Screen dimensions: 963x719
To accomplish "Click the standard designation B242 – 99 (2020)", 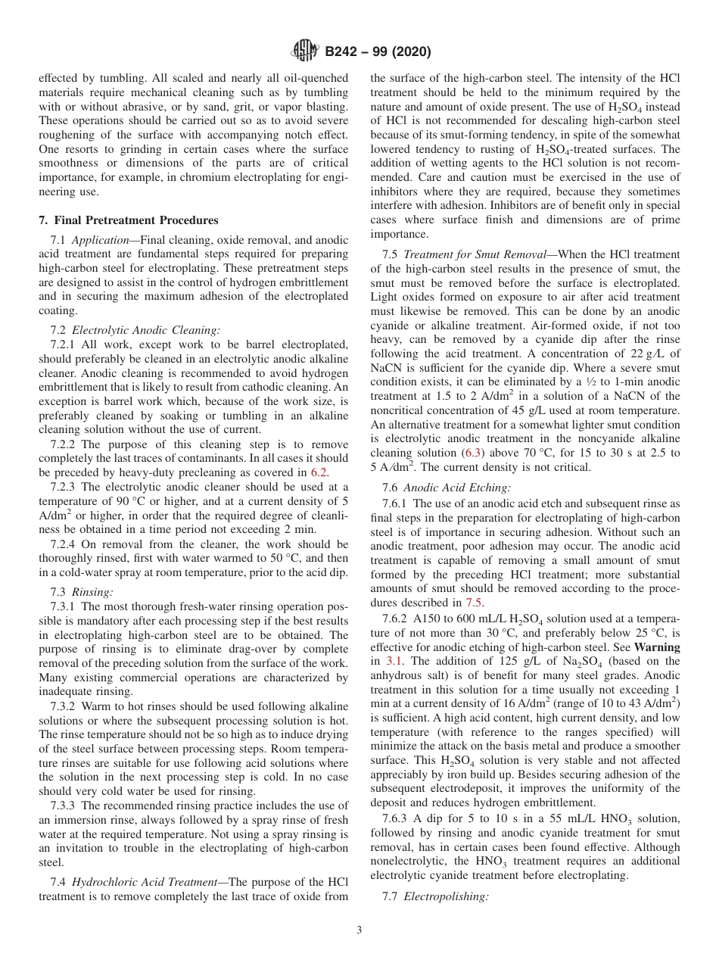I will tap(378, 52).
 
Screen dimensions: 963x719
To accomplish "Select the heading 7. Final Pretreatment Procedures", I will tap(128, 220).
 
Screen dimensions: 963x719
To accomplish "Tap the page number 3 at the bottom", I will tap(359, 930).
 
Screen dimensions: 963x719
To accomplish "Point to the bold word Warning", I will tap(656, 647).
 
